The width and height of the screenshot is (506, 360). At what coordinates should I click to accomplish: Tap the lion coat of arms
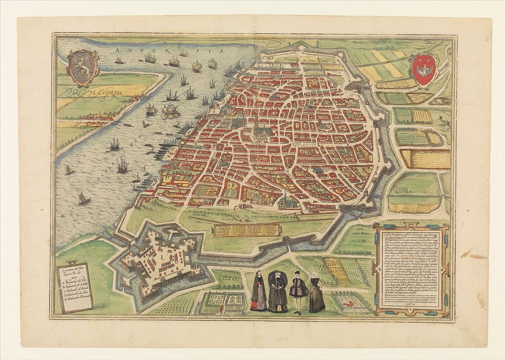[83, 68]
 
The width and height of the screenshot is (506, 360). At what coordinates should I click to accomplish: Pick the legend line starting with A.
[74, 282]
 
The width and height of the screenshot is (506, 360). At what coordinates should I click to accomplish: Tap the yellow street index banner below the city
[247, 230]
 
